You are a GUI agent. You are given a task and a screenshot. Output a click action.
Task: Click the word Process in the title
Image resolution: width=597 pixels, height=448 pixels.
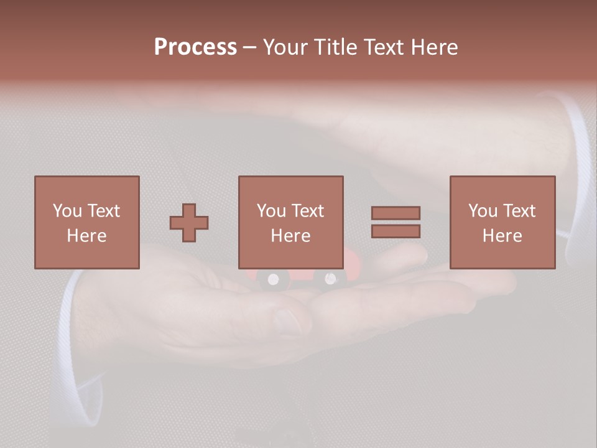pyautogui.click(x=195, y=47)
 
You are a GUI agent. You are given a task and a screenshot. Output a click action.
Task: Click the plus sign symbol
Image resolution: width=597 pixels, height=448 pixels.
pyautogui.click(x=189, y=223)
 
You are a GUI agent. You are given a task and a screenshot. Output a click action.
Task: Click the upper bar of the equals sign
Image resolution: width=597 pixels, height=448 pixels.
pyautogui.click(x=396, y=213)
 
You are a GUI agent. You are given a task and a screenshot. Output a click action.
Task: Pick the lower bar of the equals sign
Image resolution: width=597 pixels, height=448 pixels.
pyautogui.click(x=396, y=231)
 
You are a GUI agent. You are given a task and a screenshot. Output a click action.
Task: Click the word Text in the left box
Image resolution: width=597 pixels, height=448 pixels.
pyautogui.click(x=103, y=211)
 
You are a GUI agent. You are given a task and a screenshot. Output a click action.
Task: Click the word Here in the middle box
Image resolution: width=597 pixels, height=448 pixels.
pyautogui.click(x=291, y=236)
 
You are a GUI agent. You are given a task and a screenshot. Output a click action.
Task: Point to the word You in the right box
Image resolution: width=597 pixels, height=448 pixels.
pyautogui.click(x=483, y=211)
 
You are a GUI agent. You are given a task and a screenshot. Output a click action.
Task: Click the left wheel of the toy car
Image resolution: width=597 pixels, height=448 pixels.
pyautogui.click(x=273, y=280)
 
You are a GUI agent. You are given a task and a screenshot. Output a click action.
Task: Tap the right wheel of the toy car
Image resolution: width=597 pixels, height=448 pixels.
pyautogui.click(x=330, y=279)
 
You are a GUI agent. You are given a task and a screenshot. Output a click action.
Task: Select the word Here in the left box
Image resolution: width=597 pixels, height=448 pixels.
pyautogui.click(x=86, y=236)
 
